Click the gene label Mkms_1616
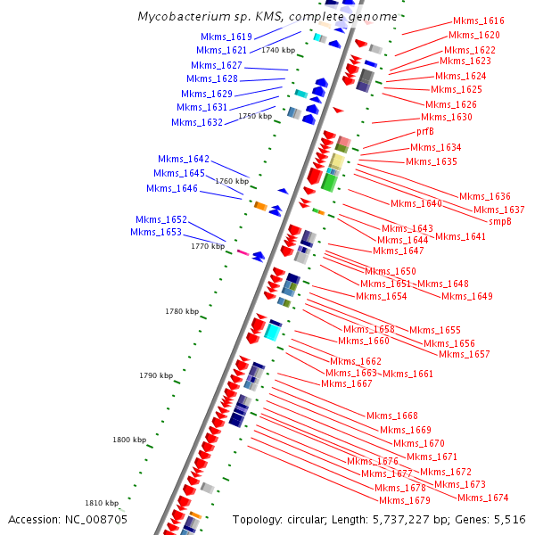pos(479,21)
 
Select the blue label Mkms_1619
pos(226,37)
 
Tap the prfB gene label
pos(425,132)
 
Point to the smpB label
pos(500,221)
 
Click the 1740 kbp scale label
pos(278,51)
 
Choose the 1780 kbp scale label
pos(181,311)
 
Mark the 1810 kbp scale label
pos(101,502)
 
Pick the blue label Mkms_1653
pos(156,232)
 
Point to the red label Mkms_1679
pos(402,500)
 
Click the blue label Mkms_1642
pos(184,159)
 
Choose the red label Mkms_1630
pos(447,117)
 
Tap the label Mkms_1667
pos(347,383)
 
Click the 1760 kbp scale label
pos(232,181)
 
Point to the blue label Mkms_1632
pos(197,122)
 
